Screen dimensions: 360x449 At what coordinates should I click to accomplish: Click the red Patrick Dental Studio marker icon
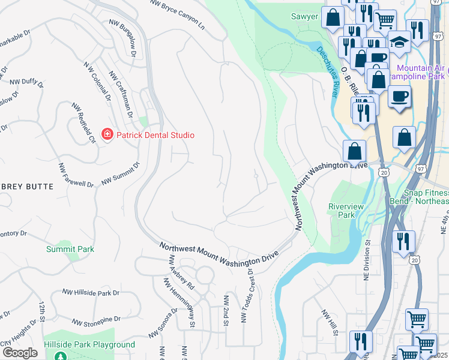click(x=107, y=135)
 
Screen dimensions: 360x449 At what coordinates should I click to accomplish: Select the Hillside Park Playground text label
click(x=89, y=345)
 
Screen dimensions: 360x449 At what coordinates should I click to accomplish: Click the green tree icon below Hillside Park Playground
click(x=59, y=356)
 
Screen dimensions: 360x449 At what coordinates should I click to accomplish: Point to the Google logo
click(x=20, y=353)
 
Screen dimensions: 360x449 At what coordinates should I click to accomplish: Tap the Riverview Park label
click(x=346, y=211)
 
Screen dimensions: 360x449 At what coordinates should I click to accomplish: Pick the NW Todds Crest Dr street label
click(x=246, y=295)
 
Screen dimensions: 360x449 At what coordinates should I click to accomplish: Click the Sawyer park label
click(x=304, y=16)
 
